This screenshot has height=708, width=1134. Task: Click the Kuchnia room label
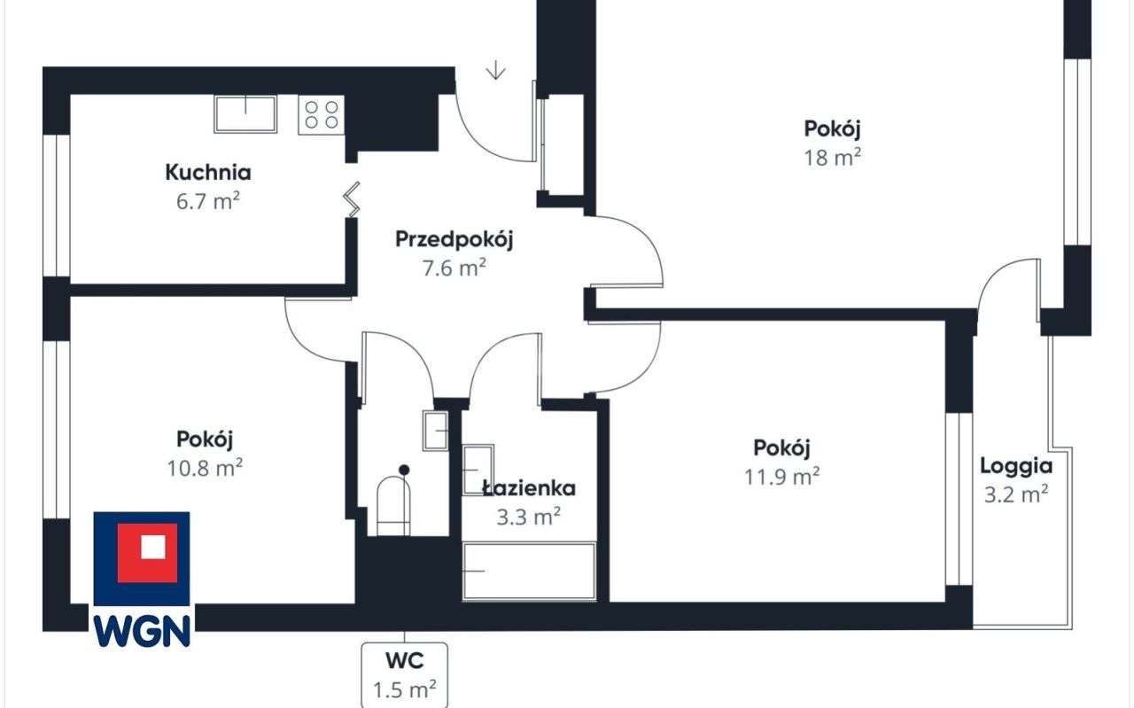coord(208,172)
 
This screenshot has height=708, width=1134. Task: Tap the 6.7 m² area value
coord(208,201)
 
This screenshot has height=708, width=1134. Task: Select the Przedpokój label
coord(454,239)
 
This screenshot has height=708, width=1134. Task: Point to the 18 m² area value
coord(833,158)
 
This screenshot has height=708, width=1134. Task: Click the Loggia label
coord(1016,466)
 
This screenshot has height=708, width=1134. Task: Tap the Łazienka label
coord(529,488)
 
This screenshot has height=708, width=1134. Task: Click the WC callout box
coord(405,674)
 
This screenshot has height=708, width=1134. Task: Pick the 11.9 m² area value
coord(781,477)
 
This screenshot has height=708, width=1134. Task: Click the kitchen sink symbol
coord(245,113)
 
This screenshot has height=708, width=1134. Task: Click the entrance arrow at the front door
coord(495,70)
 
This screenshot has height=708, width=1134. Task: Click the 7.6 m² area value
coord(454,268)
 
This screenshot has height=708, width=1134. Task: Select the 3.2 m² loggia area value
coord(1016,494)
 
